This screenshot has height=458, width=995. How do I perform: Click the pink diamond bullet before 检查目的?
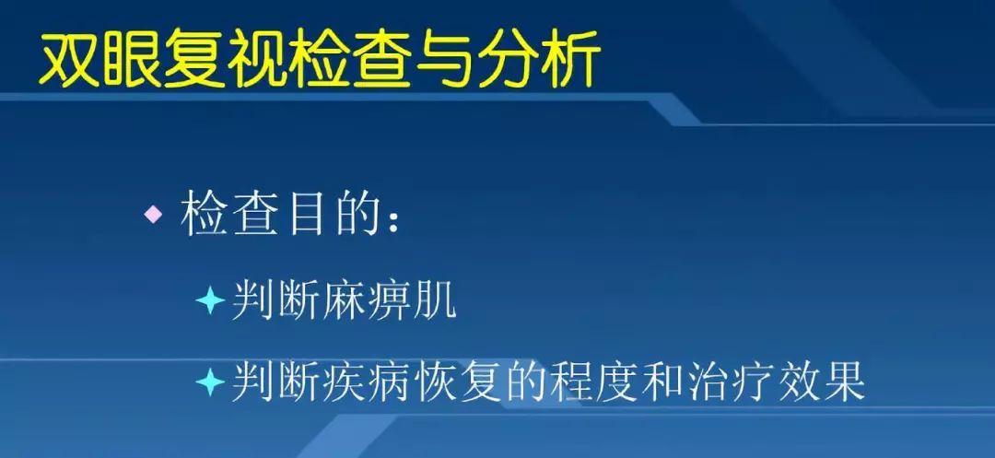pyautogui.click(x=153, y=217)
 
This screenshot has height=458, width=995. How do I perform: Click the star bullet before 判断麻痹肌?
pyautogui.click(x=210, y=301)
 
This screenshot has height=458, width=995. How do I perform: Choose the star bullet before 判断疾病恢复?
pyautogui.click(x=210, y=381)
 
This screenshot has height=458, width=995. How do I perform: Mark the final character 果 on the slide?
pyautogui.click(x=843, y=381)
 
